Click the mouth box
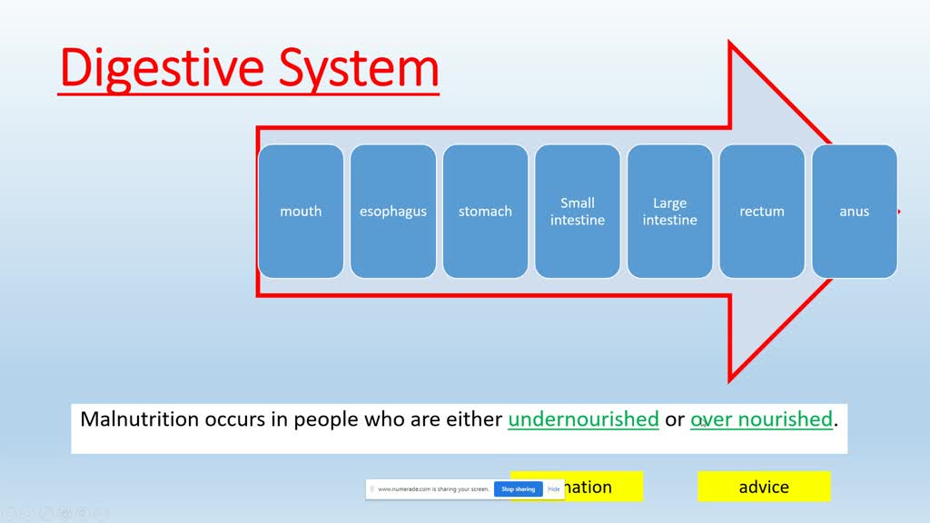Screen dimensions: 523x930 301,212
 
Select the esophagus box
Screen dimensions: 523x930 393,212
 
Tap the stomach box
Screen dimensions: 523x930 485,212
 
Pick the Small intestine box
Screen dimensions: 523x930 578,212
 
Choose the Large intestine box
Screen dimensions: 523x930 670,212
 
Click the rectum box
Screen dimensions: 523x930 762,212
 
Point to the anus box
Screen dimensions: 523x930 854,212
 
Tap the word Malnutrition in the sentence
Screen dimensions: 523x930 138,419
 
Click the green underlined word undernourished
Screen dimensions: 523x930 583,419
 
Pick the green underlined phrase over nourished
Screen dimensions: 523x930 762,419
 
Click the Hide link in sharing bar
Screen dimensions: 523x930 553,488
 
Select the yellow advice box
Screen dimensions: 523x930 764,487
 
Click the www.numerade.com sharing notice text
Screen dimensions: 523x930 433,488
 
